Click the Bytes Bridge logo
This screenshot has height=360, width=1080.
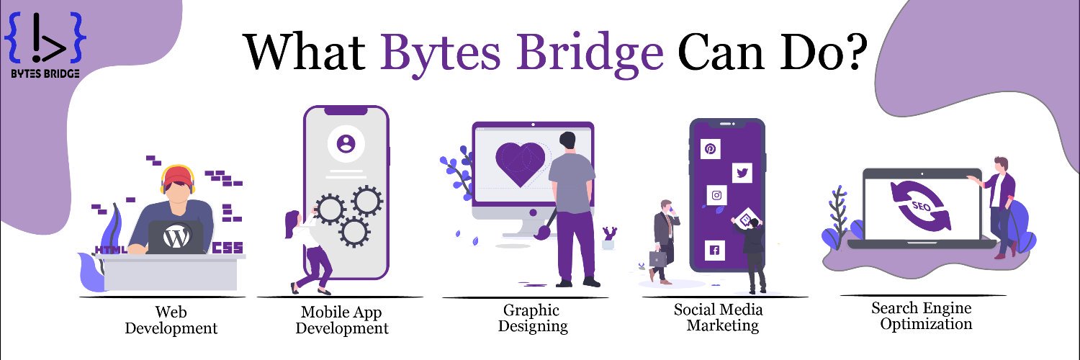point(45,45)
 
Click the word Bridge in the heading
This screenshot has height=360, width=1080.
point(591,54)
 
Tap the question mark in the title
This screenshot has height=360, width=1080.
point(854,51)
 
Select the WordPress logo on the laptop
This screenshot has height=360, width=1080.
point(176,237)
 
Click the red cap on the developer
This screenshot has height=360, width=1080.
point(177,176)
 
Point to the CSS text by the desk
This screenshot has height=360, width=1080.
point(228,248)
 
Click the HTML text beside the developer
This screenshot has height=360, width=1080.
point(111,249)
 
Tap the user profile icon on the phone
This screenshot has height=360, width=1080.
point(346,143)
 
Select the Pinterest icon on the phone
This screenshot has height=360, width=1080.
point(710,148)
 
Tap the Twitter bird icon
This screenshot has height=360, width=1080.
point(742,173)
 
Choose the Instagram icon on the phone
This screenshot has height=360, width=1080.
point(716,195)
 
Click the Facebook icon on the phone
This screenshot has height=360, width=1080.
point(714,250)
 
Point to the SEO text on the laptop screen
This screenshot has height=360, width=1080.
point(921,207)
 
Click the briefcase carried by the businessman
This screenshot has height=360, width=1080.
point(657,258)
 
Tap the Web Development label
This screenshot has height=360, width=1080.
point(171,320)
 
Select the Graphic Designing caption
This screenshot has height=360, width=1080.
point(532,318)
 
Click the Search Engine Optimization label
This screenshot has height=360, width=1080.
point(922,315)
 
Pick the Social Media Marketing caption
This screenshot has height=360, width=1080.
point(719,318)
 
